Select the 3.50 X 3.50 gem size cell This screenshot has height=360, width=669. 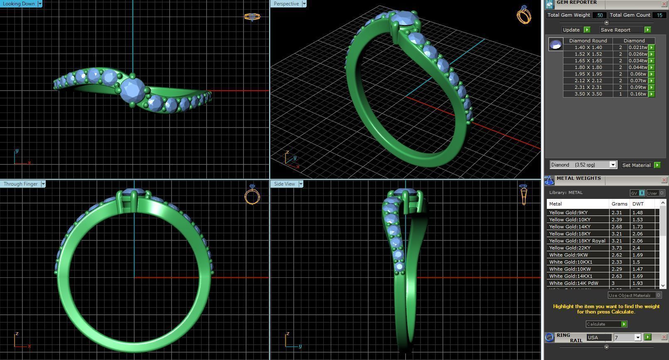point(588,94)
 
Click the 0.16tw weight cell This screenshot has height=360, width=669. point(638,94)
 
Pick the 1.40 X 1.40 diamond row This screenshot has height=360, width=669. point(588,47)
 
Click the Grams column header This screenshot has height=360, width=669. point(619,204)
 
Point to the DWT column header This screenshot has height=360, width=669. point(638,204)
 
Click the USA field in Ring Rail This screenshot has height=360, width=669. point(598,338)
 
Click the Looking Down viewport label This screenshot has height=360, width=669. point(19,4)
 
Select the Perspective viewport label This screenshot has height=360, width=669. point(286,4)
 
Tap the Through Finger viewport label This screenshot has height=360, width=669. point(20,184)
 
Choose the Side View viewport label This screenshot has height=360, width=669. point(285,184)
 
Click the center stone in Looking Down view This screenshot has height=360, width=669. point(132,90)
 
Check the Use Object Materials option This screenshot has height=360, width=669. point(658,295)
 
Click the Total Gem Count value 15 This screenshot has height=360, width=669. point(659,15)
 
